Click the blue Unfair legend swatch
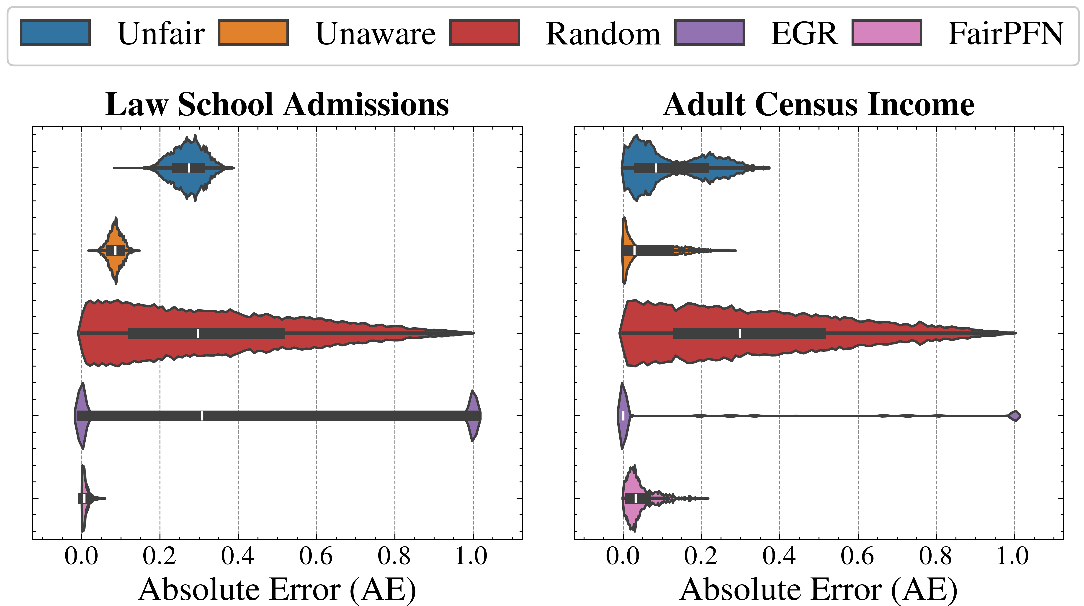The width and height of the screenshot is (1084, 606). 55,32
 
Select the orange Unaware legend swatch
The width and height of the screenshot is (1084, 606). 253,32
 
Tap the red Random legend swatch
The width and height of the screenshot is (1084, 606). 484,32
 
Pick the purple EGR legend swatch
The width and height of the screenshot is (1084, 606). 709,32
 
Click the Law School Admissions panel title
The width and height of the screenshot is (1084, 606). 277,104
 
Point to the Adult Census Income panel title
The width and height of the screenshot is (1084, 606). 819,104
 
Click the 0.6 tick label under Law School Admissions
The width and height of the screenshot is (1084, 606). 316,556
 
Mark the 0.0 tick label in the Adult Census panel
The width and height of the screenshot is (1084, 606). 623,556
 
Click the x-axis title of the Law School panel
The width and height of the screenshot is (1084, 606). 277,590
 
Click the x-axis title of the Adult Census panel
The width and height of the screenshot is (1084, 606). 819,590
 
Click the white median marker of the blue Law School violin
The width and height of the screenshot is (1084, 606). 189,168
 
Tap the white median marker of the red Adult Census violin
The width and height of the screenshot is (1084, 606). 740,333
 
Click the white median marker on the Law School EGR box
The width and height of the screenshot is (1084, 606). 202,416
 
